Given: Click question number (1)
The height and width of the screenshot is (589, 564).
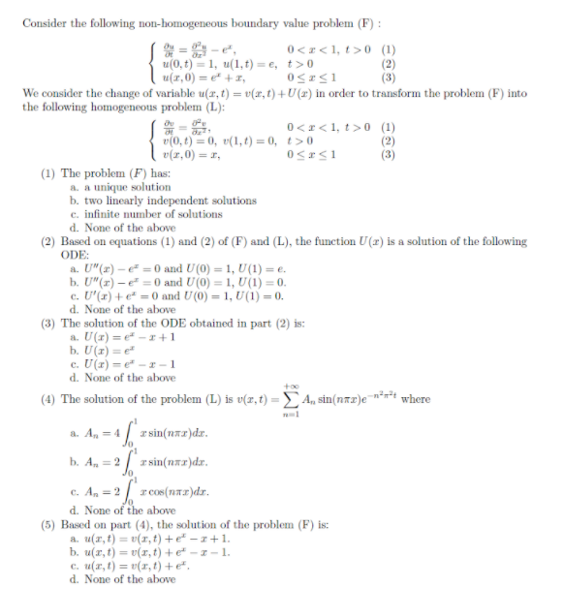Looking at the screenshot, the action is coord(47,172).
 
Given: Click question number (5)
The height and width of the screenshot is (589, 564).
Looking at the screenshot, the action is coord(47,524).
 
